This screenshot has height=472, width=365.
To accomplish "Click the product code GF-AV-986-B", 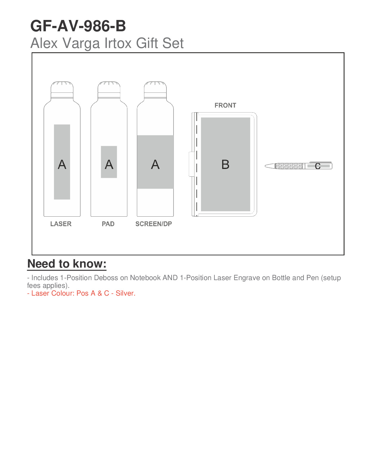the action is click(x=78, y=26).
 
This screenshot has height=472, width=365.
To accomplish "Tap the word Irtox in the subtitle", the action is click(x=118, y=43).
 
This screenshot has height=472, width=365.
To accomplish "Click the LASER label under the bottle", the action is click(x=61, y=224).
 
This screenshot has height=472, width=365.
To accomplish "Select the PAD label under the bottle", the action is click(x=108, y=224).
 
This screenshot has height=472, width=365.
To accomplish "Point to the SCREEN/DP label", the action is click(x=154, y=224).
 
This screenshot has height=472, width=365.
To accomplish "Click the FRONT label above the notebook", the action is click(x=225, y=105).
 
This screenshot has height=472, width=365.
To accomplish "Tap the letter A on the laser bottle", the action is click(x=62, y=164).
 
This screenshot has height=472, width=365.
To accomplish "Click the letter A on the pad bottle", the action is click(x=109, y=164).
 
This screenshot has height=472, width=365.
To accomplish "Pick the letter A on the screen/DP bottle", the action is click(x=155, y=164).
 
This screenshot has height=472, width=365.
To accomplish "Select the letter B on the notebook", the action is click(x=225, y=164).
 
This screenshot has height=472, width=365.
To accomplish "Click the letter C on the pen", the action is click(x=318, y=166).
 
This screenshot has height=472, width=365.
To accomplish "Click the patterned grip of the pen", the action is click(x=289, y=166).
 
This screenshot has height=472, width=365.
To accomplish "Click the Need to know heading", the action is click(x=67, y=264).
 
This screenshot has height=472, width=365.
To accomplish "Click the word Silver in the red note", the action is click(x=126, y=293).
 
